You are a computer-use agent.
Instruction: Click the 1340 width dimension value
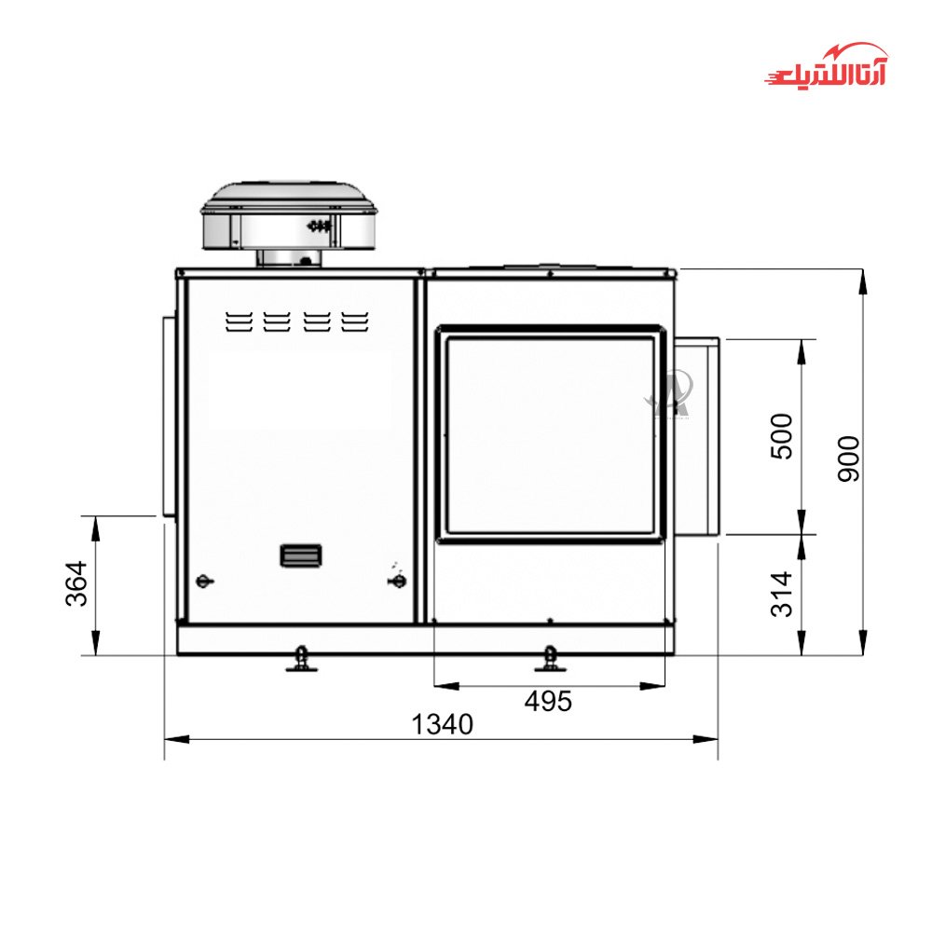[x=442, y=724]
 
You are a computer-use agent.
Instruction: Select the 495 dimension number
[x=548, y=702]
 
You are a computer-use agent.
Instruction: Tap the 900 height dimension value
[x=849, y=459]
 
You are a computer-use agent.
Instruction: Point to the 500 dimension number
[x=782, y=436]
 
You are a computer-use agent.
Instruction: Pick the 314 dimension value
[x=782, y=595]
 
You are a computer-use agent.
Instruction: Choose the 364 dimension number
[x=76, y=583]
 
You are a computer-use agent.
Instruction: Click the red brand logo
[x=826, y=66]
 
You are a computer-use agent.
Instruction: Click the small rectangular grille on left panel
[x=301, y=555]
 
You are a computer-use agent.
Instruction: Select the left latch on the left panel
[x=204, y=581]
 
